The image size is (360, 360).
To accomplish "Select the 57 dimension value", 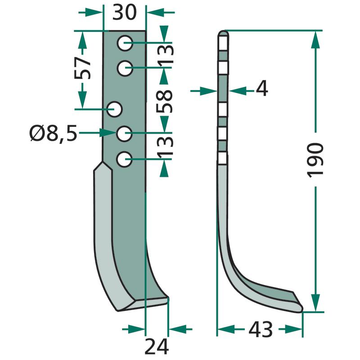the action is pos(82,68).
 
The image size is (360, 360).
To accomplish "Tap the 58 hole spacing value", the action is pos(164,101).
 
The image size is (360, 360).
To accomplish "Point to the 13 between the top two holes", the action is pos(165,54).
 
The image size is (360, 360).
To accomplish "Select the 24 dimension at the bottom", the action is pos(157,346).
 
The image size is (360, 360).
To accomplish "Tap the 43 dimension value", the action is pos(261,330).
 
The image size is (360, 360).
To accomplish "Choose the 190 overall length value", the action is pos(315,160).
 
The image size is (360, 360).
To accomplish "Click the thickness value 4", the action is pos(262,88).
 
